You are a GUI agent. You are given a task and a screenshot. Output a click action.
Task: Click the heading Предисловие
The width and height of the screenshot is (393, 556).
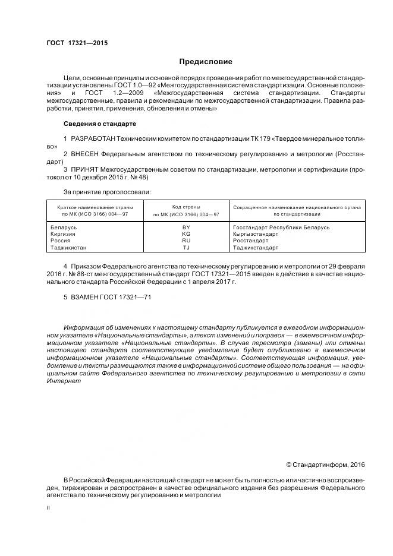[206, 62]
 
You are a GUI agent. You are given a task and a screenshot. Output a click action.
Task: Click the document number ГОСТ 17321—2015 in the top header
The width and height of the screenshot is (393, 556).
[77, 43]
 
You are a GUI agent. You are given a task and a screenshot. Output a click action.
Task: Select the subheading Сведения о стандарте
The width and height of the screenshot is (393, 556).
[99, 124]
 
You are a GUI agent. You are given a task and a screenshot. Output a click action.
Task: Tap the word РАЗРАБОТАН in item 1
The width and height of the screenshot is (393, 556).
[93, 138]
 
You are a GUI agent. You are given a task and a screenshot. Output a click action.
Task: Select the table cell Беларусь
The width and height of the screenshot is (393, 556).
[64, 228]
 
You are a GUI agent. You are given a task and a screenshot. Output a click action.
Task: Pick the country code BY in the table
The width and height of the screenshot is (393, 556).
[186, 228]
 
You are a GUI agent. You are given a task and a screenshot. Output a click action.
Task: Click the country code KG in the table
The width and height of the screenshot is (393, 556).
[186, 234]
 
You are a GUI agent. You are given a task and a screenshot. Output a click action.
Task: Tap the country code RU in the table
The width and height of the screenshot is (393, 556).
[186, 241]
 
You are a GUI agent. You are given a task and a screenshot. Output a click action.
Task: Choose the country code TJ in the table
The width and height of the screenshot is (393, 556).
[186, 247]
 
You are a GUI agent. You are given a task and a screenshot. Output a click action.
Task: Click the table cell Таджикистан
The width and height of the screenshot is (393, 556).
[69, 247]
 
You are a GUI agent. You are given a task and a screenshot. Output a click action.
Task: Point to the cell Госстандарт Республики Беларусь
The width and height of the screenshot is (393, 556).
[281, 228]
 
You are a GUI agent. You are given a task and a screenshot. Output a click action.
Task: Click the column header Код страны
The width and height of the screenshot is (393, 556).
[186, 207]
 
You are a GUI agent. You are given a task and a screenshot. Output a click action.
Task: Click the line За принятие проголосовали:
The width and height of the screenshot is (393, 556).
[106, 192]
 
